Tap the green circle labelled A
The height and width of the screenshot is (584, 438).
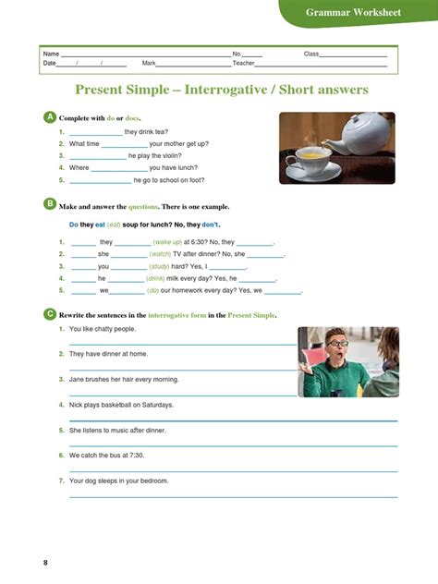(x=50, y=117)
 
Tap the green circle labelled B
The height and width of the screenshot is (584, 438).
(x=50, y=205)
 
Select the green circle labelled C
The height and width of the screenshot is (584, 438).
(x=50, y=314)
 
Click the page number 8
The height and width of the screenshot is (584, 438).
(x=46, y=562)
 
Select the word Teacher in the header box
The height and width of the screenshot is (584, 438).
(x=243, y=63)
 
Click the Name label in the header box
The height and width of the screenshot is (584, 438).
(x=51, y=54)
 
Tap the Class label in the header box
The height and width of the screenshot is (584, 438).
(x=310, y=54)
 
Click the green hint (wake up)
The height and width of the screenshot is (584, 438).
(x=167, y=242)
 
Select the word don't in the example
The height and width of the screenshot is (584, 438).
(x=211, y=225)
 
